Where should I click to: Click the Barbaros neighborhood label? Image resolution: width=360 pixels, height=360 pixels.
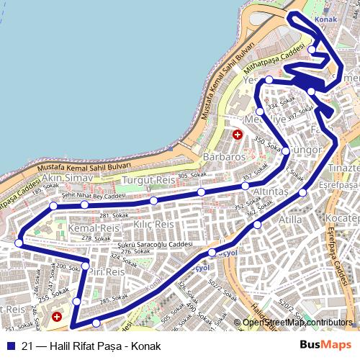[224, 156]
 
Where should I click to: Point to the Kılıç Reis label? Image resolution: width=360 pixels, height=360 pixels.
[154, 225]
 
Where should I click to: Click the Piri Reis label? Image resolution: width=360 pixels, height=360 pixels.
[107, 272]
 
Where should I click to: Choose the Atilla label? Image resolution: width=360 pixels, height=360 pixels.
[291, 220]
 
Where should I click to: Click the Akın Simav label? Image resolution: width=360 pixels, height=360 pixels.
[68, 177]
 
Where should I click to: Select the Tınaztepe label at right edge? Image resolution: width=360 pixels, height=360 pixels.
[343, 168]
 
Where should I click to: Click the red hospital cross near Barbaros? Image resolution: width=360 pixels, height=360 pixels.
[238, 135]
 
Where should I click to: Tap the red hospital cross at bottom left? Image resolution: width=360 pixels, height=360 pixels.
[57, 316]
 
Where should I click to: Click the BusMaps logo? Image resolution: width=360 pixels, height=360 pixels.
[326, 346]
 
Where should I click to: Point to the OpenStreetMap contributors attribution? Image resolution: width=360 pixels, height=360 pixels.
[297, 322]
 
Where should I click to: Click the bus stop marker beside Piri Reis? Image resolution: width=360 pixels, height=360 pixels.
[85, 267]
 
